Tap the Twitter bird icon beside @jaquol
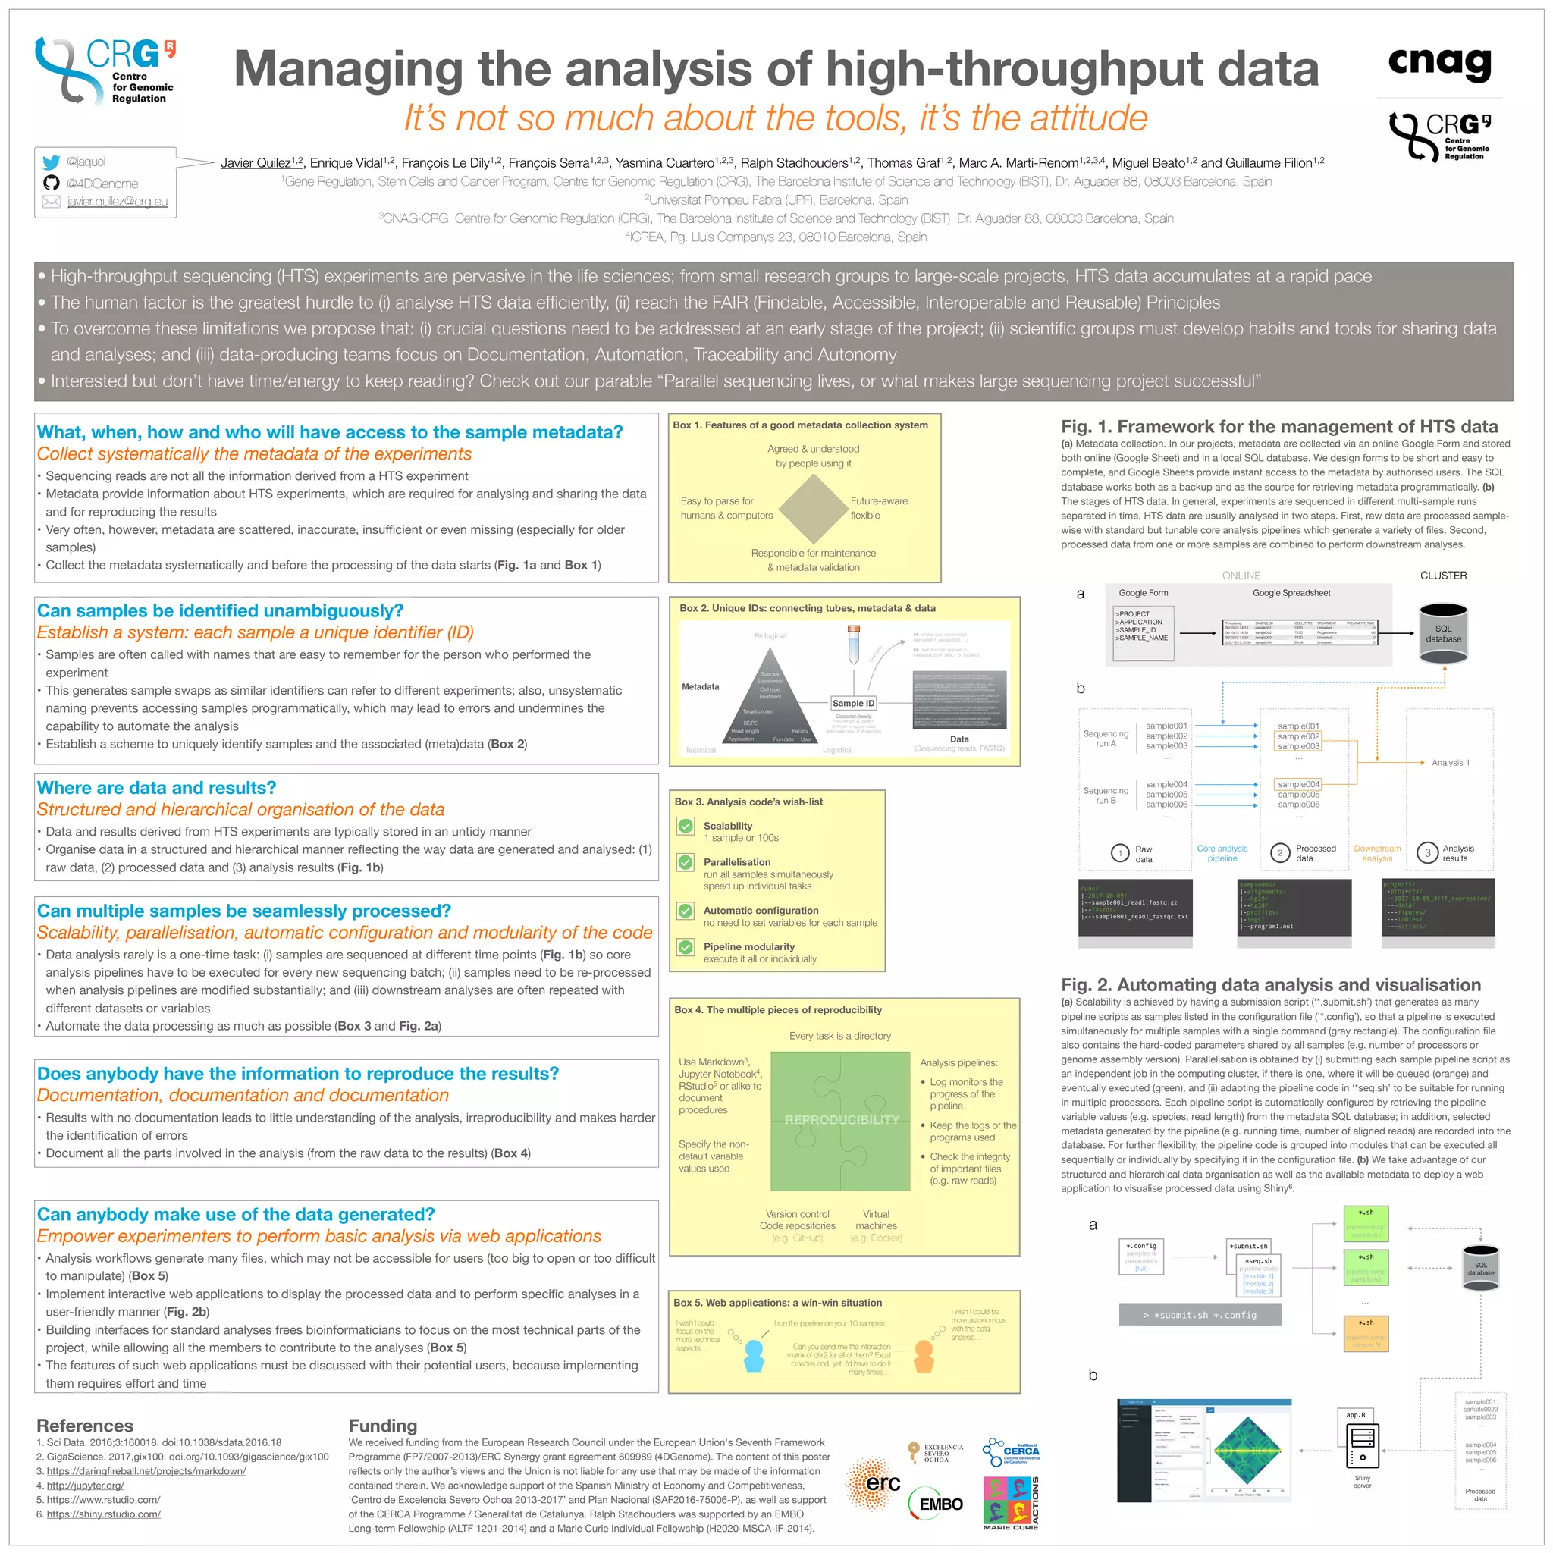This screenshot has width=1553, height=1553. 52,162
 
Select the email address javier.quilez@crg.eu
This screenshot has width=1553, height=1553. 118,202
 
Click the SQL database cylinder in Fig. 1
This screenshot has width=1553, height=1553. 1443,633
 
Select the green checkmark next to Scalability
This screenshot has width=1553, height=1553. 686,827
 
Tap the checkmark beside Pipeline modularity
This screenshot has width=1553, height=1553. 686,947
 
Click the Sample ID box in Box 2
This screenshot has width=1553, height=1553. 853,704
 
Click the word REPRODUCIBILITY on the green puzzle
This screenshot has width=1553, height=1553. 841,1120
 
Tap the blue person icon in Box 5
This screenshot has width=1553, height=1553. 753,1356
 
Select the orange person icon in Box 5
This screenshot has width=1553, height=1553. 924,1356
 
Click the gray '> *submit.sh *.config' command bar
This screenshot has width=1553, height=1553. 1200,1315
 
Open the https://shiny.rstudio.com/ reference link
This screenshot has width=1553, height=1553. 104,1514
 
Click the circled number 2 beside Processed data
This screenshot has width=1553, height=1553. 1280,853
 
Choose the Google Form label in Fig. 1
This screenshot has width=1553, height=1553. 1143,593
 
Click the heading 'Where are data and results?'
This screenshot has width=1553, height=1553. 157,788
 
